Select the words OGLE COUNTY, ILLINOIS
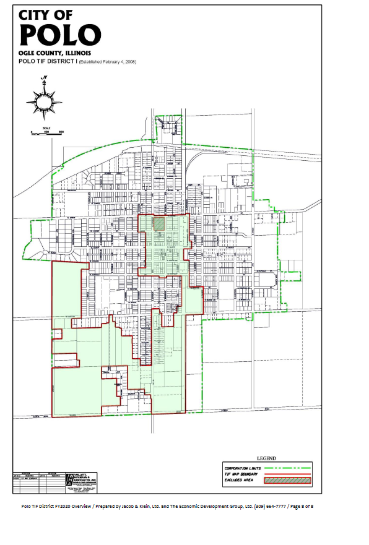(x=55, y=54)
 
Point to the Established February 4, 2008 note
(x=108, y=62)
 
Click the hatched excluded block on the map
(x=160, y=223)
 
